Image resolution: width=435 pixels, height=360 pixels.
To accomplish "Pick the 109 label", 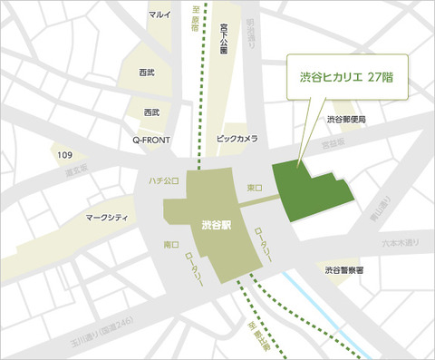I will coord(64,156).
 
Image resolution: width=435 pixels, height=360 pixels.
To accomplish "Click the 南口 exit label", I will coord(170,246).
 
